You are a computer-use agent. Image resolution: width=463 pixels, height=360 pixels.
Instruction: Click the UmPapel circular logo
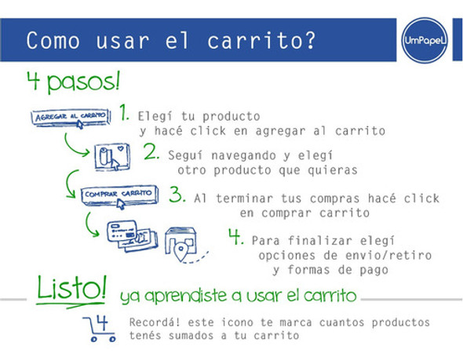click(424, 42)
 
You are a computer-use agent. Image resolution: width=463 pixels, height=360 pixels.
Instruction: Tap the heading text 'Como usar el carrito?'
click(171, 41)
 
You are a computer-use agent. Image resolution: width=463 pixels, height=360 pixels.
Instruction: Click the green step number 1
click(124, 113)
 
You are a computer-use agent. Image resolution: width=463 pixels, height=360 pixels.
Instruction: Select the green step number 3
click(177, 194)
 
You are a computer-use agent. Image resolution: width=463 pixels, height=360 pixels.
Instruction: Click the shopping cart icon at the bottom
click(100, 327)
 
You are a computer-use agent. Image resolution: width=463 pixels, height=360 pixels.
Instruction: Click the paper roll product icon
click(111, 157)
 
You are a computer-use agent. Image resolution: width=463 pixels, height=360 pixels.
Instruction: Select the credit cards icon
click(126, 233)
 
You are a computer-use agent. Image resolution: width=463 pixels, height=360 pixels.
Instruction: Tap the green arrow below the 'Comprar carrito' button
click(94, 224)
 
